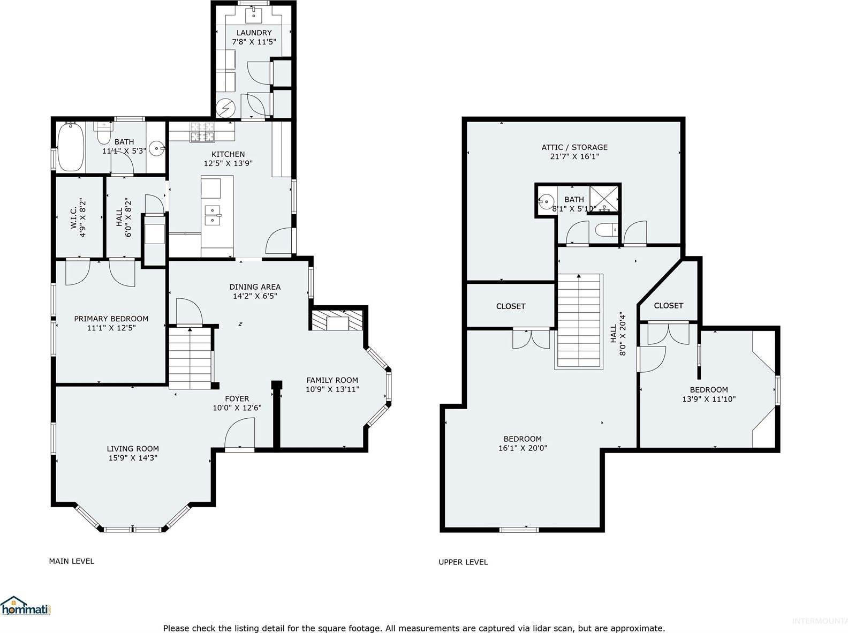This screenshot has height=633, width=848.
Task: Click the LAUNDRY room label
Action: coord(254,33)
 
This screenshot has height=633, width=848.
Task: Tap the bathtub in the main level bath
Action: coord(70,147)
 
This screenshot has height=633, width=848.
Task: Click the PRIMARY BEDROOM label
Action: coord(111,319)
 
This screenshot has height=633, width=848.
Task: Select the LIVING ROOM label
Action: coord(132,449)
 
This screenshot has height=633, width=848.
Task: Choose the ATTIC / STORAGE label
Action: coord(574,147)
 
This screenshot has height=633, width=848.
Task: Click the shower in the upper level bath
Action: coord(604,198)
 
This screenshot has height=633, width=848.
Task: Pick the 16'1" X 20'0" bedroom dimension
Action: coord(523,448)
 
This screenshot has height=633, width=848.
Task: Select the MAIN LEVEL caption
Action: coord(71,561)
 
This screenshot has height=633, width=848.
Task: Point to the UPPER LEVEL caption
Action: coord(463,562)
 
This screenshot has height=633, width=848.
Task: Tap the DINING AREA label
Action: coord(255,287)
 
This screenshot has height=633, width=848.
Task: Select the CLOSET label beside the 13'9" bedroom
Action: coord(668,305)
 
